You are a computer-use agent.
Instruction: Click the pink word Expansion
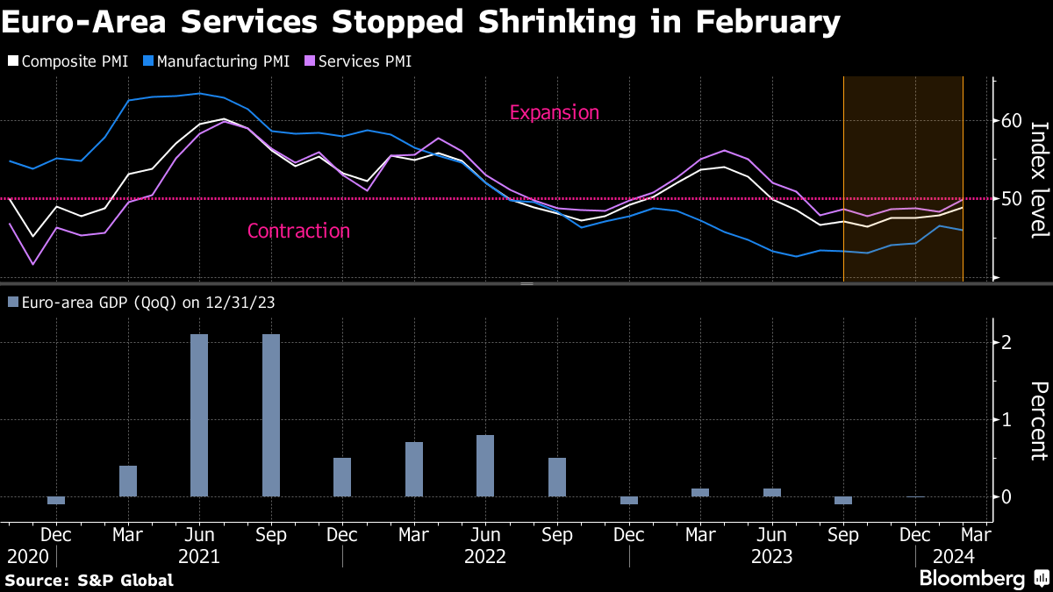click(x=554, y=112)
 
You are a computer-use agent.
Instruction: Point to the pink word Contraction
click(x=298, y=231)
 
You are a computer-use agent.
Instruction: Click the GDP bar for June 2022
click(x=485, y=466)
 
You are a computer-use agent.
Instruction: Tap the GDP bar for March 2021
click(x=128, y=481)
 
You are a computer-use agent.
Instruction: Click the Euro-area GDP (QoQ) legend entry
click(x=140, y=302)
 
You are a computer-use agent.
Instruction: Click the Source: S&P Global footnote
click(x=89, y=580)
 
